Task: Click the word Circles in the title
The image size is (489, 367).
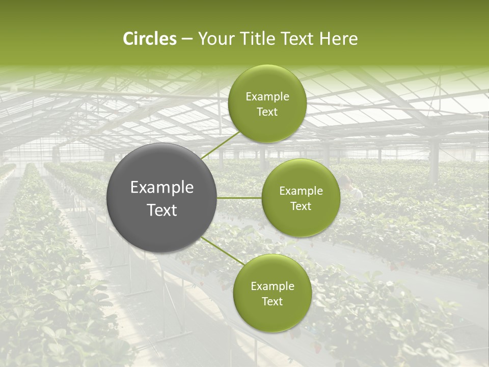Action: (x=150, y=39)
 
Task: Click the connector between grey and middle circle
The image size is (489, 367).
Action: (x=239, y=197)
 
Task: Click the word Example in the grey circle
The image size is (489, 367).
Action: (x=161, y=188)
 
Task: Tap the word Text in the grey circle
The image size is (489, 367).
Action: (x=161, y=210)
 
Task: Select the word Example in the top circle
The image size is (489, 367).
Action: (x=267, y=97)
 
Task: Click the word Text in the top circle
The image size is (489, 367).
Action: (x=267, y=112)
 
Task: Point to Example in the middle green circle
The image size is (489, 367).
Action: (x=301, y=191)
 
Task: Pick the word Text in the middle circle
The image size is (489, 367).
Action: (x=301, y=206)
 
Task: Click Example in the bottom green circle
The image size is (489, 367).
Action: (x=272, y=286)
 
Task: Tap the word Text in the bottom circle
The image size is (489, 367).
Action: (x=272, y=301)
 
